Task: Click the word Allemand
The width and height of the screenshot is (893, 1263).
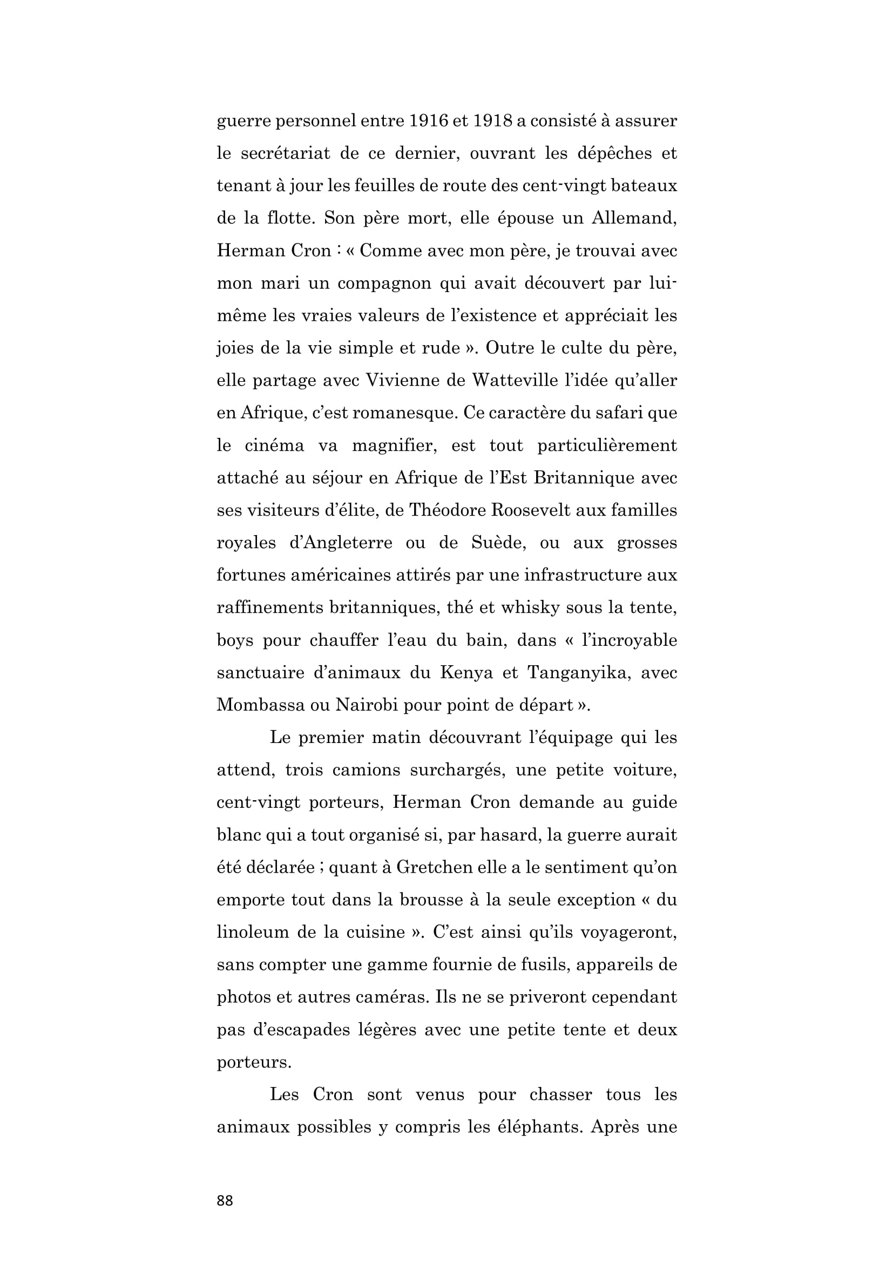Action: pyautogui.click(x=634, y=218)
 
